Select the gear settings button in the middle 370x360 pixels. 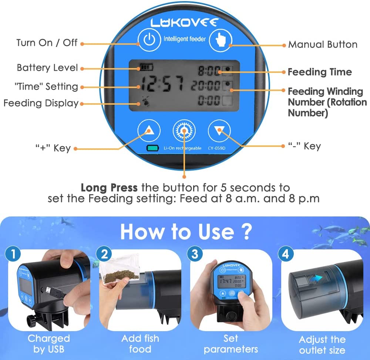184,130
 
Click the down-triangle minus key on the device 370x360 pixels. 219,130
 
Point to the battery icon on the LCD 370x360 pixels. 146,68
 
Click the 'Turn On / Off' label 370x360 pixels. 47,43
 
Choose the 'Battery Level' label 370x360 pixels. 47,68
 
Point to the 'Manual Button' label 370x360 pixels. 323,45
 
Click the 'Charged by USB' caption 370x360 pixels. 48,343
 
